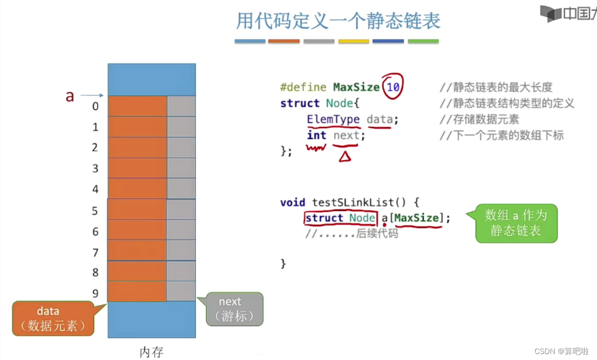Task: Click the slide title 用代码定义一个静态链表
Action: click(338, 21)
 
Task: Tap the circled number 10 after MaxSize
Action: click(393, 87)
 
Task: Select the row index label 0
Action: click(96, 106)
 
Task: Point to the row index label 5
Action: click(96, 211)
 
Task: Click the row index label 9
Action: click(96, 294)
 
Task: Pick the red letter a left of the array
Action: click(69, 96)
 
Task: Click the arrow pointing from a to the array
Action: click(92, 96)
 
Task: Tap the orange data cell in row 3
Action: click(137, 168)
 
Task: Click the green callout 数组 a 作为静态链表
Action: click(516, 223)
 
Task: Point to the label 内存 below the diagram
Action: click(151, 352)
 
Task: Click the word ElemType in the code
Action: click(333, 119)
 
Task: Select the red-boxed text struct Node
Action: click(340, 218)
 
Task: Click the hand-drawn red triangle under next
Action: click(345, 156)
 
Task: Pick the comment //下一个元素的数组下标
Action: click(501, 136)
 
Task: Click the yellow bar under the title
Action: click(353, 41)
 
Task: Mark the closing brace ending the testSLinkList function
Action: click(283, 264)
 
